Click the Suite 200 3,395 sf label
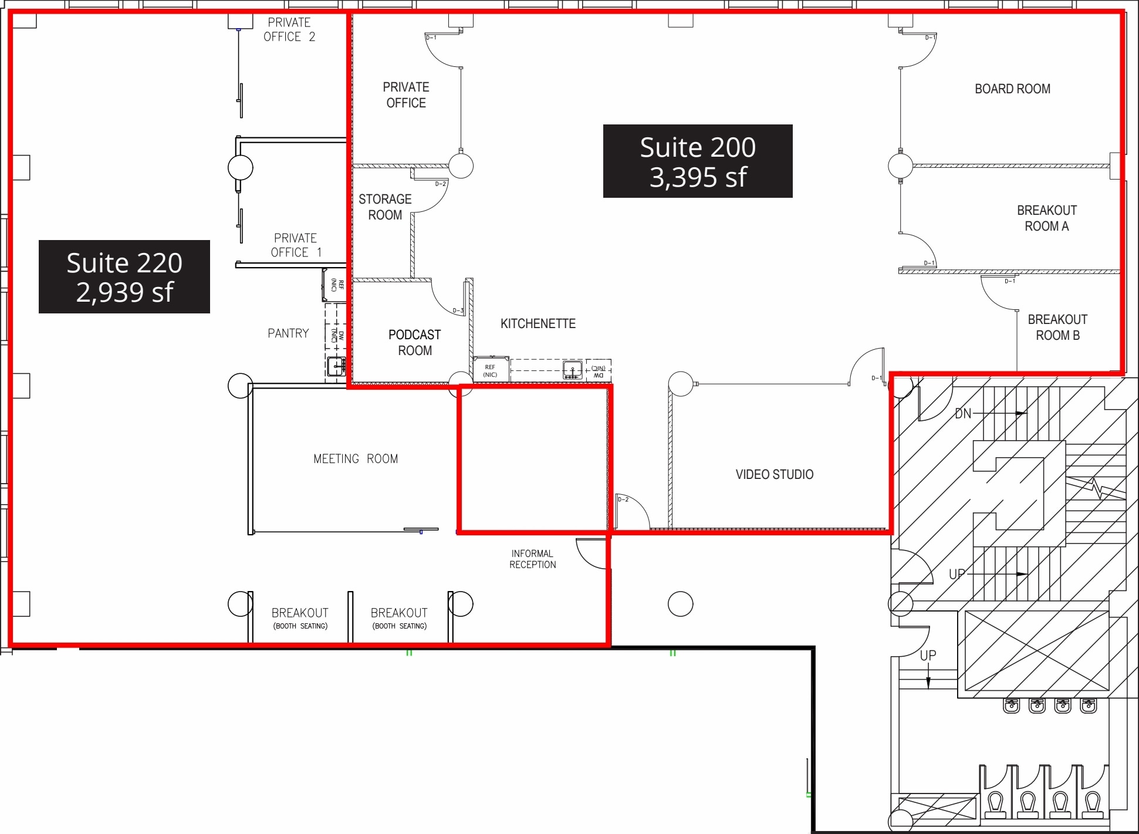697,161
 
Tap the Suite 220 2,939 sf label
124,276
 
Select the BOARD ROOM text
1012,89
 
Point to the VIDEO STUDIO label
774,474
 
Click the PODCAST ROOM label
414,343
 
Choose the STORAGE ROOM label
385,207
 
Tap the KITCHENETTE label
538,323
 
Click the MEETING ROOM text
356,459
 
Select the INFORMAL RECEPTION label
532,559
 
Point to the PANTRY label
288,333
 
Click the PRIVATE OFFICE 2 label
289,30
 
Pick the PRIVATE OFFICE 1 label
295,245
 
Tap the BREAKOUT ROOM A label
1046,218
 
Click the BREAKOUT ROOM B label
1057,327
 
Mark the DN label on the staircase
963,414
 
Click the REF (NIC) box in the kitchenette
490,370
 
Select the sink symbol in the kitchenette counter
572,370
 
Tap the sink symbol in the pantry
336,366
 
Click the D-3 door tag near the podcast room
458,310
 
